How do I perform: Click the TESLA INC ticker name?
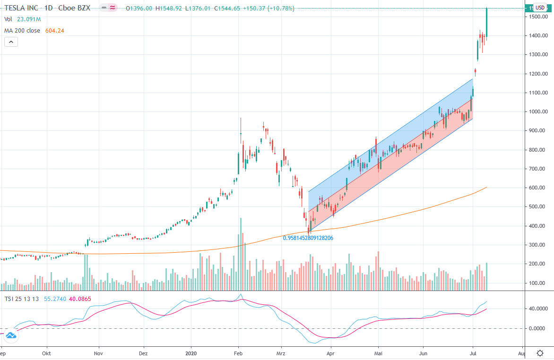[x=21, y=8]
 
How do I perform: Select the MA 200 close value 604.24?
[x=54, y=30]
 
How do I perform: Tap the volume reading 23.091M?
[x=29, y=19]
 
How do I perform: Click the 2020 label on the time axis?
[x=191, y=353]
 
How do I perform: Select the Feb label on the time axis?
[x=238, y=353]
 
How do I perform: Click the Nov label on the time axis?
[x=98, y=353]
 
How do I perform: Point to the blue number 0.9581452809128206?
[x=308, y=238]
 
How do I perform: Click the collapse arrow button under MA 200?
[x=11, y=42]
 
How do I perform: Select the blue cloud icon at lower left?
[x=10, y=336]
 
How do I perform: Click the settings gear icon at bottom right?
[x=540, y=353]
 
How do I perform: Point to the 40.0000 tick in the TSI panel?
[x=539, y=309]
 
